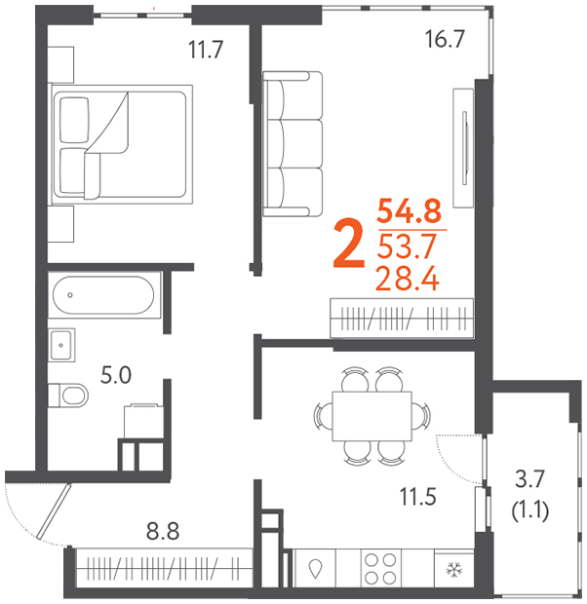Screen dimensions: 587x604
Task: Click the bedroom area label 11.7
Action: coord(206,50)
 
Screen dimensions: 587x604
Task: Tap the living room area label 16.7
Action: coord(445,39)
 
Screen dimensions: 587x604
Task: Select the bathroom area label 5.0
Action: coord(116,375)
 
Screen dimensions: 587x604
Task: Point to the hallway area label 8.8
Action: coord(163,532)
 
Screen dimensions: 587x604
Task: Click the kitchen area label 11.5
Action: coord(417,497)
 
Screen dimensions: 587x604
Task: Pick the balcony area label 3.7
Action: coord(529,478)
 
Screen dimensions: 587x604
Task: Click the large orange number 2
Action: coord(349,244)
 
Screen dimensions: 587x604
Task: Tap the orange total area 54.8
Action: coord(410,210)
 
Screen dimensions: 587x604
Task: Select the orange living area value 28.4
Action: coord(408,278)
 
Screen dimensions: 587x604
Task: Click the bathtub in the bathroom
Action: coord(103,295)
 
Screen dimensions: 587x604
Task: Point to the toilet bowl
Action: coord(68,396)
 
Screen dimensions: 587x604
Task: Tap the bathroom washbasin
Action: coord(61,345)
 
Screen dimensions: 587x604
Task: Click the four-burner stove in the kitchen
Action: coord(380,569)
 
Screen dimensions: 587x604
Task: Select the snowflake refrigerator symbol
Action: coord(454,569)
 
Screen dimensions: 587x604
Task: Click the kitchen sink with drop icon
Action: coord(315,569)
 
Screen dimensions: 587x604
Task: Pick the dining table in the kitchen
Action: coord(372,416)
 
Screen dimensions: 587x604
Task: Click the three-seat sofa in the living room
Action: coord(293,144)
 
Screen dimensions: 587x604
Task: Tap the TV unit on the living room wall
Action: coord(463,148)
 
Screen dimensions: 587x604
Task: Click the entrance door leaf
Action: coord(54,510)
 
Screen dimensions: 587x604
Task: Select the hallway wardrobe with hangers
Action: coord(164,568)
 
